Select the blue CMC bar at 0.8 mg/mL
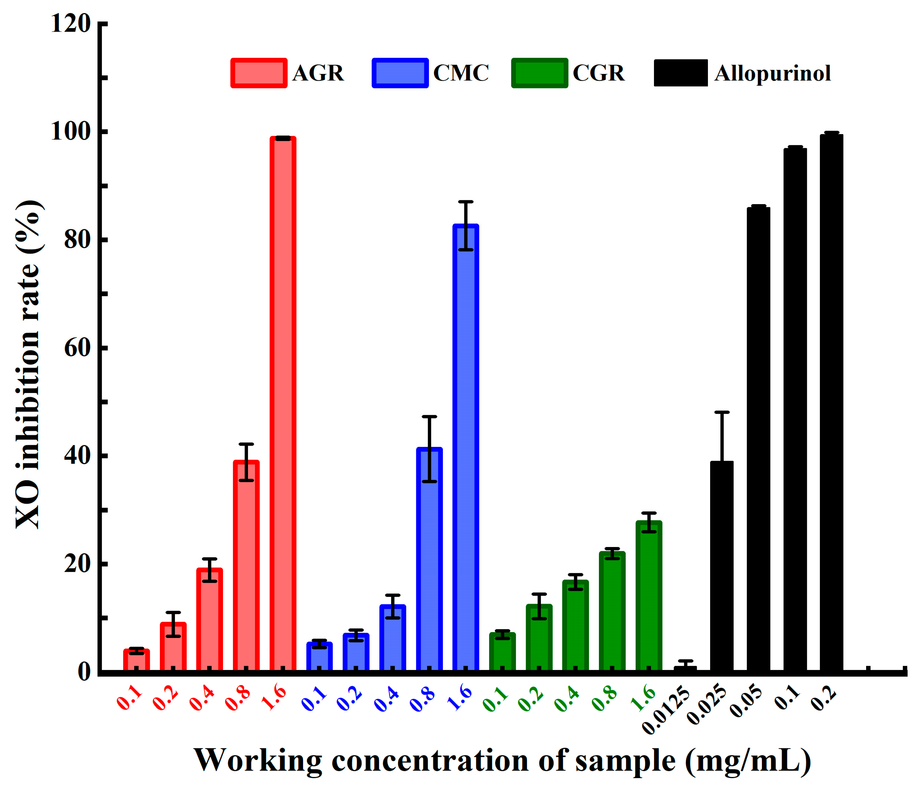tap(429, 560)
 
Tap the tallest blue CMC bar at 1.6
tap(465, 447)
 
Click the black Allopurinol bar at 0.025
tap(721, 566)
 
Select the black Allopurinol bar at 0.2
tap(831, 403)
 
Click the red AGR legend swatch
tap(259, 73)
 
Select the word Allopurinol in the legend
tap(772, 73)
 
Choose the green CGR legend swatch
tap(539, 73)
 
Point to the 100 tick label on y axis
tap(71, 132)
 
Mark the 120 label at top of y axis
tap(71, 23)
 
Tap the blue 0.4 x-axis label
tap(386, 699)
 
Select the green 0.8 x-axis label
tap(604, 699)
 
